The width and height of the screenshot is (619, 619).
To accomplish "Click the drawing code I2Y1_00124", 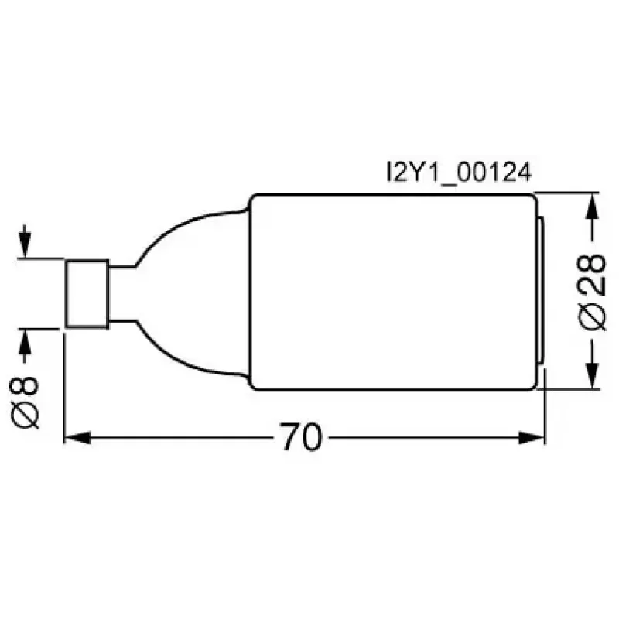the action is pyautogui.click(x=459, y=173).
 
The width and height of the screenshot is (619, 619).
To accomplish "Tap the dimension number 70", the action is pyautogui.click(x=301, y=437).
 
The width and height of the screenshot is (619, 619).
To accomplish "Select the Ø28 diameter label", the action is pyautogui.click(x=592, y=292).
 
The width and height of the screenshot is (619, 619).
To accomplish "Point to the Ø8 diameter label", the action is pyautogui.click(x=25, y=402).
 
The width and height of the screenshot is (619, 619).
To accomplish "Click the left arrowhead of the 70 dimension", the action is pyautogui.click(x=77, y=437).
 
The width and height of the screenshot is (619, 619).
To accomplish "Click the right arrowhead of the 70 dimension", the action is pyautogui.click(x=532, y=437).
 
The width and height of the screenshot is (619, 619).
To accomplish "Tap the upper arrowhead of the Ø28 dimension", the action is pyautogui.click(x=591, y=206).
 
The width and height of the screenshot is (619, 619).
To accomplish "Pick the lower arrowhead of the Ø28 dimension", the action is pyautogui.click(x=591, y=375).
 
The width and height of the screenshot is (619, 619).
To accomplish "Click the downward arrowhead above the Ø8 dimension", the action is pyautogui.click(x=25, y=245).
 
